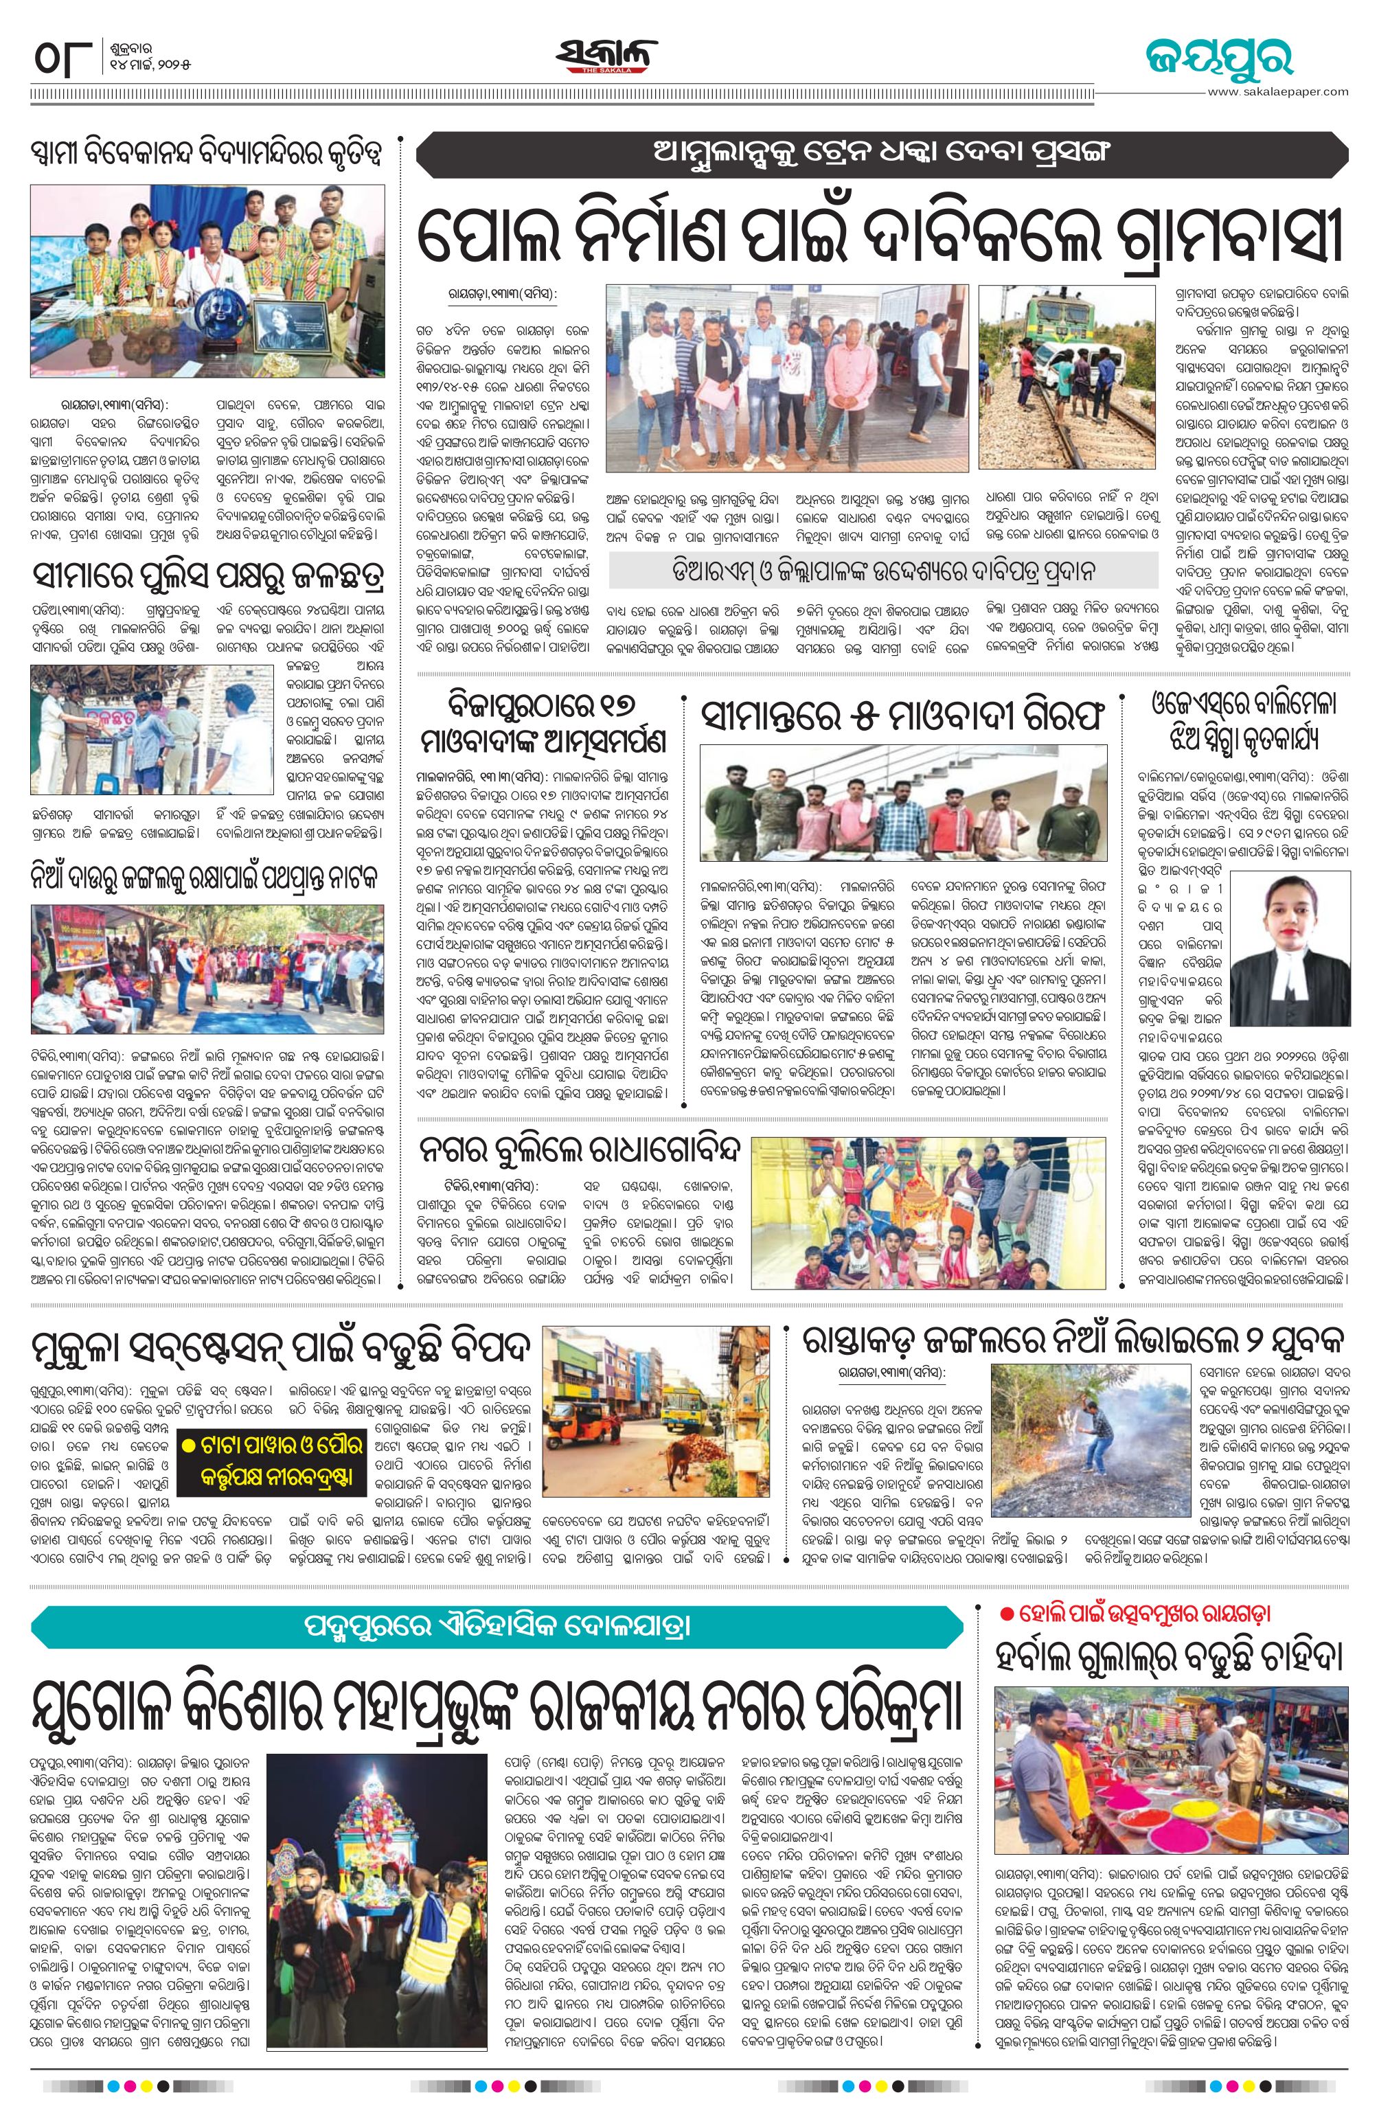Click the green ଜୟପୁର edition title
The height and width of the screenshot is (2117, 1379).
tap(1218, 58)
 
